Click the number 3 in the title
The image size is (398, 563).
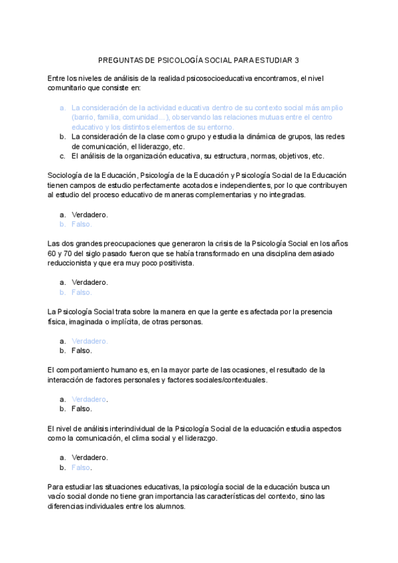pos(297,59)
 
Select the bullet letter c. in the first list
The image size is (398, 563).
pos(62,156)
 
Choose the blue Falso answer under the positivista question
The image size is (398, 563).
pos(81,292)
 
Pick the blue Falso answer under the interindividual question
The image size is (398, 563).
pos(81,467)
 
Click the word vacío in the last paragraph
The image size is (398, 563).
pos(58,497)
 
